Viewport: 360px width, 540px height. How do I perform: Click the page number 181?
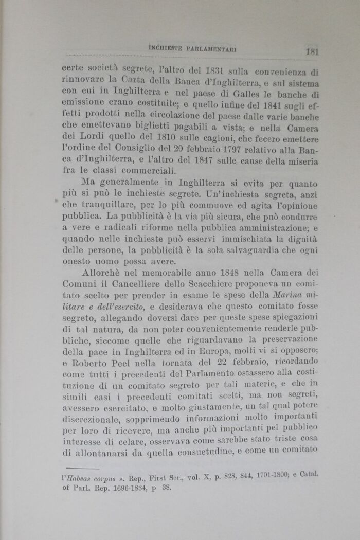click(x=313, y=51)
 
